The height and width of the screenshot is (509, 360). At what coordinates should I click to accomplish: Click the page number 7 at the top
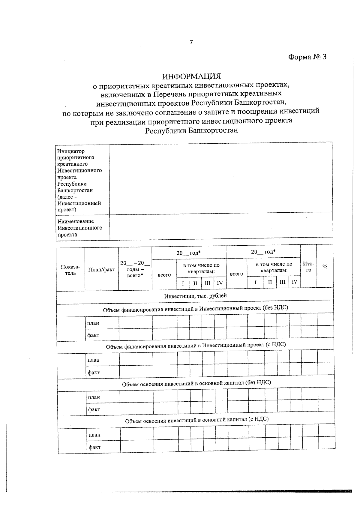point(191,42)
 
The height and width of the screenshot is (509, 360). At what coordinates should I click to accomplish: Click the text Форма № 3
point(307,57)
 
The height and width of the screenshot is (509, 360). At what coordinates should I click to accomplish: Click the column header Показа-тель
point(70,270)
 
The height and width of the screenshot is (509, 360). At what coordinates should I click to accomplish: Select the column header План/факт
point(101,270)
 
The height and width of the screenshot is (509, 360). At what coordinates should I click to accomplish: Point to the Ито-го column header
point(308,267)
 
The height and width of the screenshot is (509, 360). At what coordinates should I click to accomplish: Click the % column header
point(325,266)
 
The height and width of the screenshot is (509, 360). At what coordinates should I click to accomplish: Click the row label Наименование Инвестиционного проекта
point(80,228)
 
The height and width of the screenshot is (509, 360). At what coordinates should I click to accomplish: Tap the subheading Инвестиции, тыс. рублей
point(195,296)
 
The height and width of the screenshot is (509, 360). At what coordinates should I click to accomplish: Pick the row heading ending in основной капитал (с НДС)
point(197,420)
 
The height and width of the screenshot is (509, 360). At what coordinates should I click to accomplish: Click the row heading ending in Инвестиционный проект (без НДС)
point(195,309)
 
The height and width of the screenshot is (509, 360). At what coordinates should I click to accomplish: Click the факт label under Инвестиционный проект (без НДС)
point(93,335)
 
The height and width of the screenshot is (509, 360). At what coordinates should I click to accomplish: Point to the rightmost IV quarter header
point(294,282)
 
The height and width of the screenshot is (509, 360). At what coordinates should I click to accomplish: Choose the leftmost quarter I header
point(183,283)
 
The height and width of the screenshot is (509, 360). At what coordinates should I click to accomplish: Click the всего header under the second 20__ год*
point(236,274)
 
